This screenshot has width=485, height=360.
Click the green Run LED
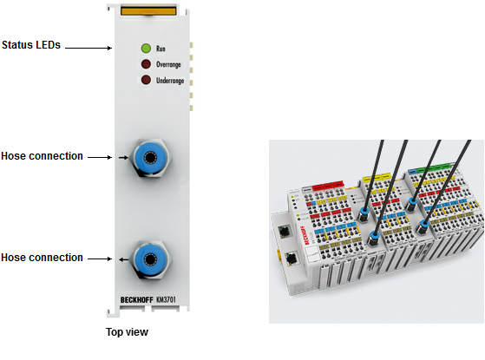tap(146, 49)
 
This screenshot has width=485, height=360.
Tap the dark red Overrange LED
tap(146, 64)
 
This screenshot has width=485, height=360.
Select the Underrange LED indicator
tap(146, 80)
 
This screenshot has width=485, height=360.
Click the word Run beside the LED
tap(161, 49)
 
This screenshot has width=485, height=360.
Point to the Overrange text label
tap(168, 64)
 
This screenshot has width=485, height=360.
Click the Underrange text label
tap(170, 81)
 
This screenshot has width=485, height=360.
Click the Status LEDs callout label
tap(31, 45)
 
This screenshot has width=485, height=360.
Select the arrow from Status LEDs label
tap(88, 48)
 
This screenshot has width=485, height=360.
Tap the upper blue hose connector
tap(150, 157)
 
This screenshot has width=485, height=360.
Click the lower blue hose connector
tap(150, 259)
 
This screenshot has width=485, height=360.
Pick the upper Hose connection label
tap(42, 156)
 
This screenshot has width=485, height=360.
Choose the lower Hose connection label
tap(42, 258)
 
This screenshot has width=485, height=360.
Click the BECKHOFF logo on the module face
tap(137, 300)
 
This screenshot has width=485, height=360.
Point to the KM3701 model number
tap(166, 299)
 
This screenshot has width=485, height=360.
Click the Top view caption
tap(128, 332)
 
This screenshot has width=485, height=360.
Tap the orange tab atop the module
tap(148, 10)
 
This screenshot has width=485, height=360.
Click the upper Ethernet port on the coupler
tap(284, 231)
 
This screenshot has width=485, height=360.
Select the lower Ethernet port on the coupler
tap(292, 258)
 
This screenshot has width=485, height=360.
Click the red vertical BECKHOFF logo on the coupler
tap(305, 235)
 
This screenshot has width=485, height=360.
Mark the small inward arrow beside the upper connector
tap(123, 158)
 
